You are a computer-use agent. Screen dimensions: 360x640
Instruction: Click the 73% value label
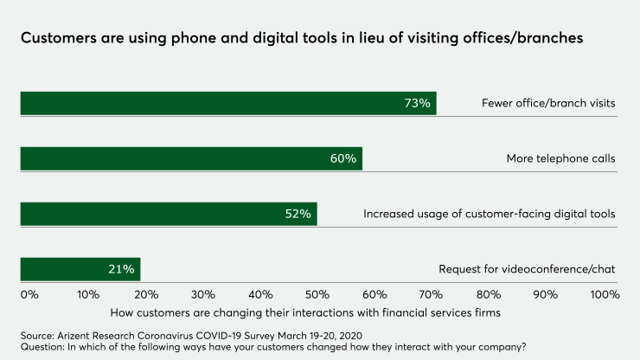pyautogui.click(x=417, y=104)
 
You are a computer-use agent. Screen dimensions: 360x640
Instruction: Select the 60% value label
pyautogui.click(x=342, y=158)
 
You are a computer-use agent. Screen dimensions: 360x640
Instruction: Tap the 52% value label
pyautogui.click(x=298, y=214)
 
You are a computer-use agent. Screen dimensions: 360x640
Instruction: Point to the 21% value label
pyautogui.click(x=122, y=269)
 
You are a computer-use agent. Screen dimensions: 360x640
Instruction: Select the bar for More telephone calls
pyautogui.click(x=191, y=158)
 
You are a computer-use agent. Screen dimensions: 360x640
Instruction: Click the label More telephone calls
pyautogui.click(x=560, y=159)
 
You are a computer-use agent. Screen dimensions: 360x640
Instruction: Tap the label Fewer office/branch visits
pyautogui.click(x=548, y=104)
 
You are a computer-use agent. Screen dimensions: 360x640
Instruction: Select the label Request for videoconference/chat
pyautogui.click(x=527, y=269)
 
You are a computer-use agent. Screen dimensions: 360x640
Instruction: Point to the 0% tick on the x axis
pyautogui.click(x=29, y=294)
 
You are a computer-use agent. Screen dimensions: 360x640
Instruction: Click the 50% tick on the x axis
pyautogui.click(x=317, y=294)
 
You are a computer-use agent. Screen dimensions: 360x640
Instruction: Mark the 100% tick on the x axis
pyautogui.click(x=604, y=294)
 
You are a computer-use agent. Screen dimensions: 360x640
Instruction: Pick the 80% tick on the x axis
pyautogui.click(x=489, y=294)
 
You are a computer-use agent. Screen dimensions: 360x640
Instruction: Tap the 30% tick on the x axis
pyautogui.click(x=202, y=294)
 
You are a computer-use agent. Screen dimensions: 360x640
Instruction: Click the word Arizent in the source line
pyautogui.click(x=80, y=334)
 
